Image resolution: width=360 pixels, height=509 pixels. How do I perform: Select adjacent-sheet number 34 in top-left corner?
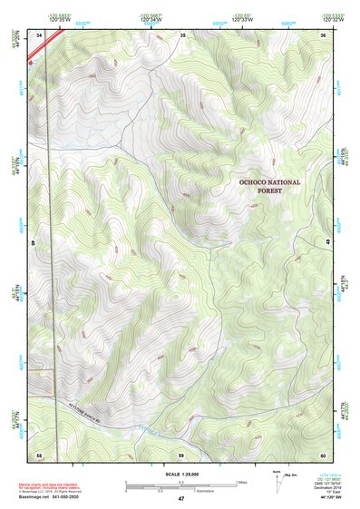click(39, 34)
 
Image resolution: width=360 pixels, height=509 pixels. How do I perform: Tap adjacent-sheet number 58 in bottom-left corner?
click(39, 454)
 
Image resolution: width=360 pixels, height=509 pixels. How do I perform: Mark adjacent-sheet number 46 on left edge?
click(34, 243)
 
